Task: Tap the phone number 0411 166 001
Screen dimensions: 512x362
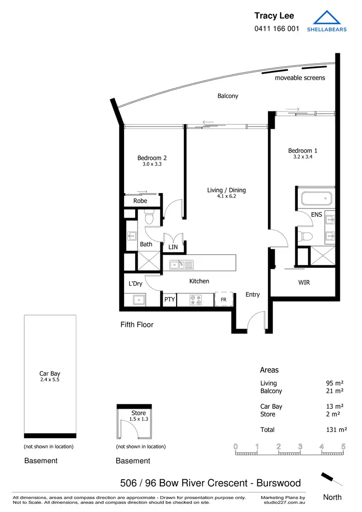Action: click(x=277, y=28)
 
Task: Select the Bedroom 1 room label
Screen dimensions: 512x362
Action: click(x=303, y=151)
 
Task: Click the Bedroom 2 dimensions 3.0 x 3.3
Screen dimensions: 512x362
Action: click(x=152, y=164)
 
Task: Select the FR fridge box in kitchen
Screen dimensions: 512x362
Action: click(x=224, y=300)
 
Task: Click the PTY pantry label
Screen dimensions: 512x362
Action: click(x=169, y=300)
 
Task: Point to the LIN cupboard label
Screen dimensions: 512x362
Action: click(x=173, y=247)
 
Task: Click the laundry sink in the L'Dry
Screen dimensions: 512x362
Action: click(x=139, y=300)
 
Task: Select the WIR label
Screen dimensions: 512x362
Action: click(x=304, y=282)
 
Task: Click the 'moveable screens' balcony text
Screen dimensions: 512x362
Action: click(x=300, y=78)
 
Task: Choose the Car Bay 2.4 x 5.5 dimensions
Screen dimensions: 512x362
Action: click(x=50, y=380)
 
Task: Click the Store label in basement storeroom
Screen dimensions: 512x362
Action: click(x=139, y=413)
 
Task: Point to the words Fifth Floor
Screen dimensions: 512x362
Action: click(x=137, y=325)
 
